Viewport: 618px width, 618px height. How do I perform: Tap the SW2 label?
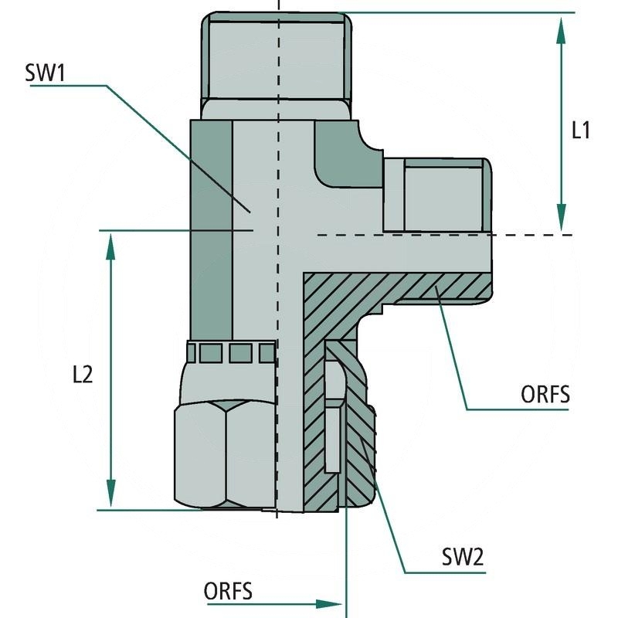[463, 557]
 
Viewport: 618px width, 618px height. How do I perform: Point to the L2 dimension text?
[83, 375]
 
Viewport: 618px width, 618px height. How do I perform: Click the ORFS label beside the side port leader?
[545, 395]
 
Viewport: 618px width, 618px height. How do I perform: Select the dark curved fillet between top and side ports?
[344, 158]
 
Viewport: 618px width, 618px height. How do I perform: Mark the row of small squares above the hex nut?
[232, 353]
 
